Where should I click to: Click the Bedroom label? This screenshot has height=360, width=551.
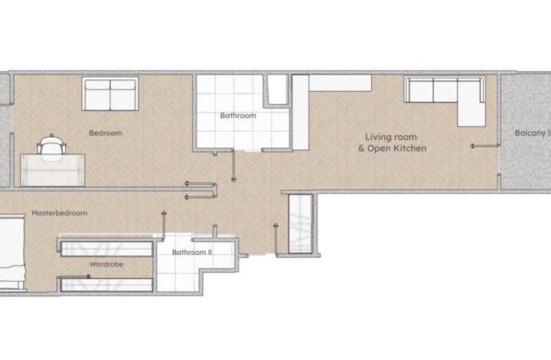(105, 133)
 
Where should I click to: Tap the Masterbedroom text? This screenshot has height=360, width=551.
(59, 213)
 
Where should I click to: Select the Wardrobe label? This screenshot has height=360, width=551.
(106, 265)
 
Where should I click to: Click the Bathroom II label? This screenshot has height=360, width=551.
(191, 251)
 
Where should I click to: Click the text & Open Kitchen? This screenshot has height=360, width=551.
(392, 149)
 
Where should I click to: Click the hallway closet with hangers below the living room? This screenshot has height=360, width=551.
(299, 224)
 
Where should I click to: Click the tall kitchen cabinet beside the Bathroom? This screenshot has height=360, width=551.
(300, 112)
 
